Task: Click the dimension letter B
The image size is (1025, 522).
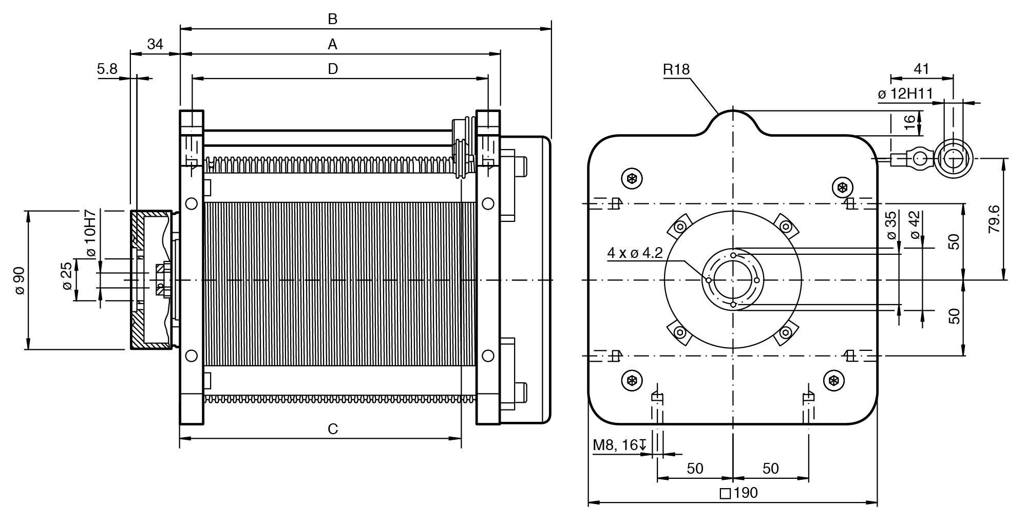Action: (333, 20)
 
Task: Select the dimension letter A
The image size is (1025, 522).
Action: (333, 45)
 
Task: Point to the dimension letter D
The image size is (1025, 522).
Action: (333, 69)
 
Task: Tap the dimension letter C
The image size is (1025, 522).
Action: (333, 428)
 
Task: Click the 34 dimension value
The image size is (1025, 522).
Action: (155, 45)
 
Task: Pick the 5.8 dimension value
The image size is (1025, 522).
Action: (107, 69)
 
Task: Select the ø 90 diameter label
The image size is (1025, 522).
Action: (20, 280)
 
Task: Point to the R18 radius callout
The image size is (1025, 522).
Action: (676, 69)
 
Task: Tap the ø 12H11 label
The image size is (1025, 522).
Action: (905, 94)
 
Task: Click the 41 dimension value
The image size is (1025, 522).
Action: (922, 69)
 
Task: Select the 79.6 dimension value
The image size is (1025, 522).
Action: (994, 219)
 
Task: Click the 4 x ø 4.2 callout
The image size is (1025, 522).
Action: (635, 253)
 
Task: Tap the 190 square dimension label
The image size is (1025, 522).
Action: (739, 493)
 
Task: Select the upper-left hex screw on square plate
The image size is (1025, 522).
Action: (632, 179)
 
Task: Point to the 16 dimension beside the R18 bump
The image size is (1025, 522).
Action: (909, 122)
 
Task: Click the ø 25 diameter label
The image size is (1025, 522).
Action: (67, 276)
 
